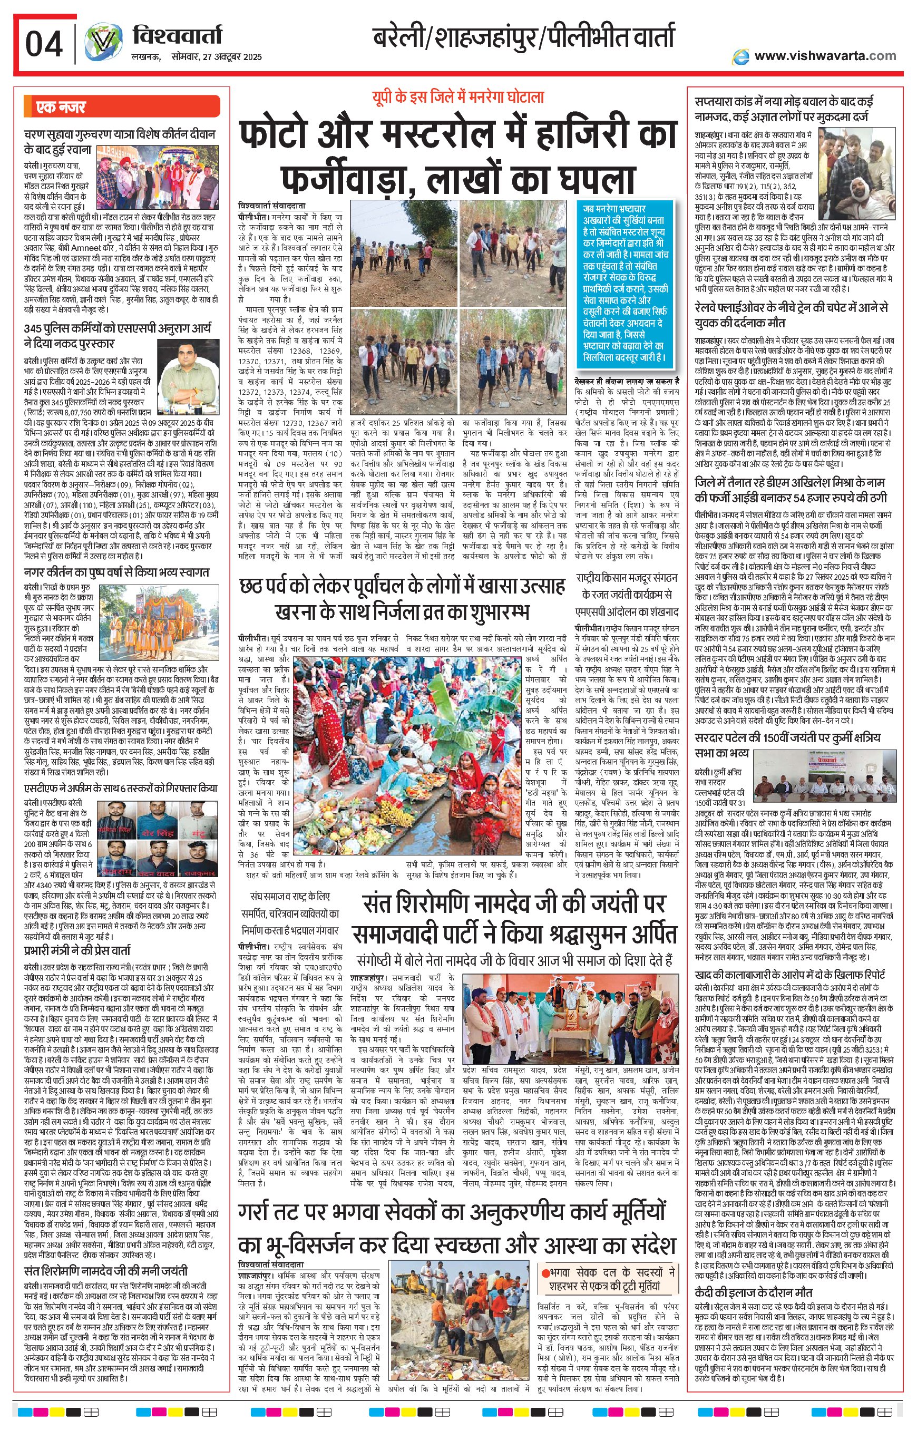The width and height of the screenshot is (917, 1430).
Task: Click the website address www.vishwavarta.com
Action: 825,56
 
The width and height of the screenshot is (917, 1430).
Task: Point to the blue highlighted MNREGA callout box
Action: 623,284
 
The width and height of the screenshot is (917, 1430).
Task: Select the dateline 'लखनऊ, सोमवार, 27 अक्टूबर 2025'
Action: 197,57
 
